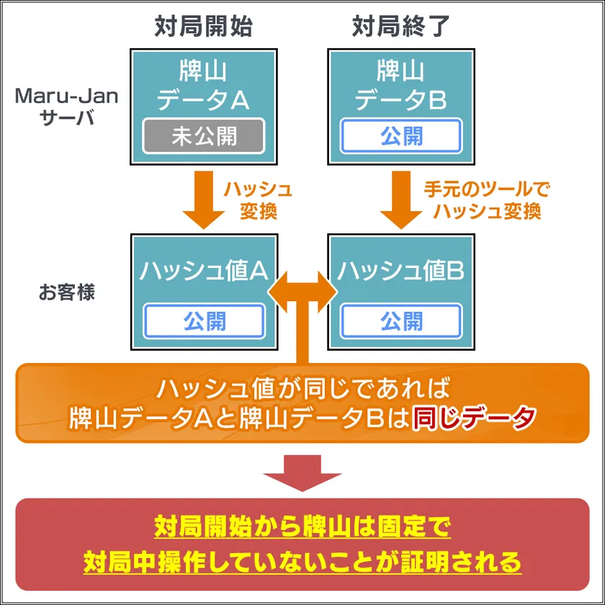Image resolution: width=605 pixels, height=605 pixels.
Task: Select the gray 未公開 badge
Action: tap(204, 136)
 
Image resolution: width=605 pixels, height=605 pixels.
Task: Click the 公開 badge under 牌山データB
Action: tap(401, 136)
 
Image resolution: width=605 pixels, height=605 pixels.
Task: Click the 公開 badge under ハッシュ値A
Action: tap(204, 321)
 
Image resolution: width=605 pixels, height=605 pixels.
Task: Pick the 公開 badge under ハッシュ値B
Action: tap(401, 321)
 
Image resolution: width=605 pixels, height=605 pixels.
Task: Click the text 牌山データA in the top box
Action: tap(204, 85)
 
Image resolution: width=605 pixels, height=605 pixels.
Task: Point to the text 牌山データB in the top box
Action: tap(401, 85)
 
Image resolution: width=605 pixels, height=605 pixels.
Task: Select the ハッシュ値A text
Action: tap(204, 271)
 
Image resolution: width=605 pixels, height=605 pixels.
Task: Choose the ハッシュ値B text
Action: tap(401, 271)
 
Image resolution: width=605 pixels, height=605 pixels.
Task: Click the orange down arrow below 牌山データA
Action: tap(204, 198)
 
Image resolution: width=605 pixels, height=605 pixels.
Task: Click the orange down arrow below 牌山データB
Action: tap(401, 198)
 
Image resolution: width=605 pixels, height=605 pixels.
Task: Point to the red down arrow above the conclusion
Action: tap(302, 472)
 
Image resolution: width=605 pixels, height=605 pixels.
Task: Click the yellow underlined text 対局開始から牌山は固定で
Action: tap(302, 527)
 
